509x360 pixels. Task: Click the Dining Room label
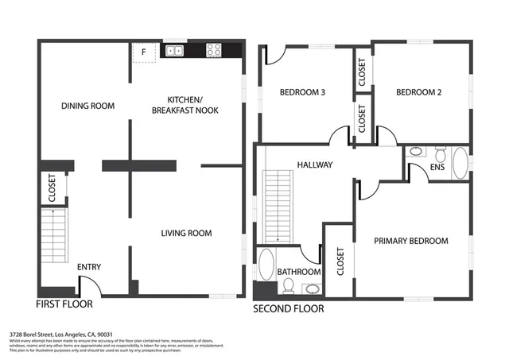88,106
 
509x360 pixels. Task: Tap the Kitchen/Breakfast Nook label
186,105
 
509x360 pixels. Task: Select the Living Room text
186,233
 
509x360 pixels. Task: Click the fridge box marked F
143,53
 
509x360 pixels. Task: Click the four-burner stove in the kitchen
214,50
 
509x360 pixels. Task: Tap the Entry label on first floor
89,267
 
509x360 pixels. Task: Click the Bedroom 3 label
303,92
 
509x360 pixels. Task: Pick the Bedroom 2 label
419,92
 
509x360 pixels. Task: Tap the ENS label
437,168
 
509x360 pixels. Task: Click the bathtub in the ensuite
460,162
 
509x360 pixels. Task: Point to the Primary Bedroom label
410,241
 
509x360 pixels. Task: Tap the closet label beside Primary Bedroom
340,261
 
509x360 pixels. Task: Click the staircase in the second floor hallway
278,205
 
